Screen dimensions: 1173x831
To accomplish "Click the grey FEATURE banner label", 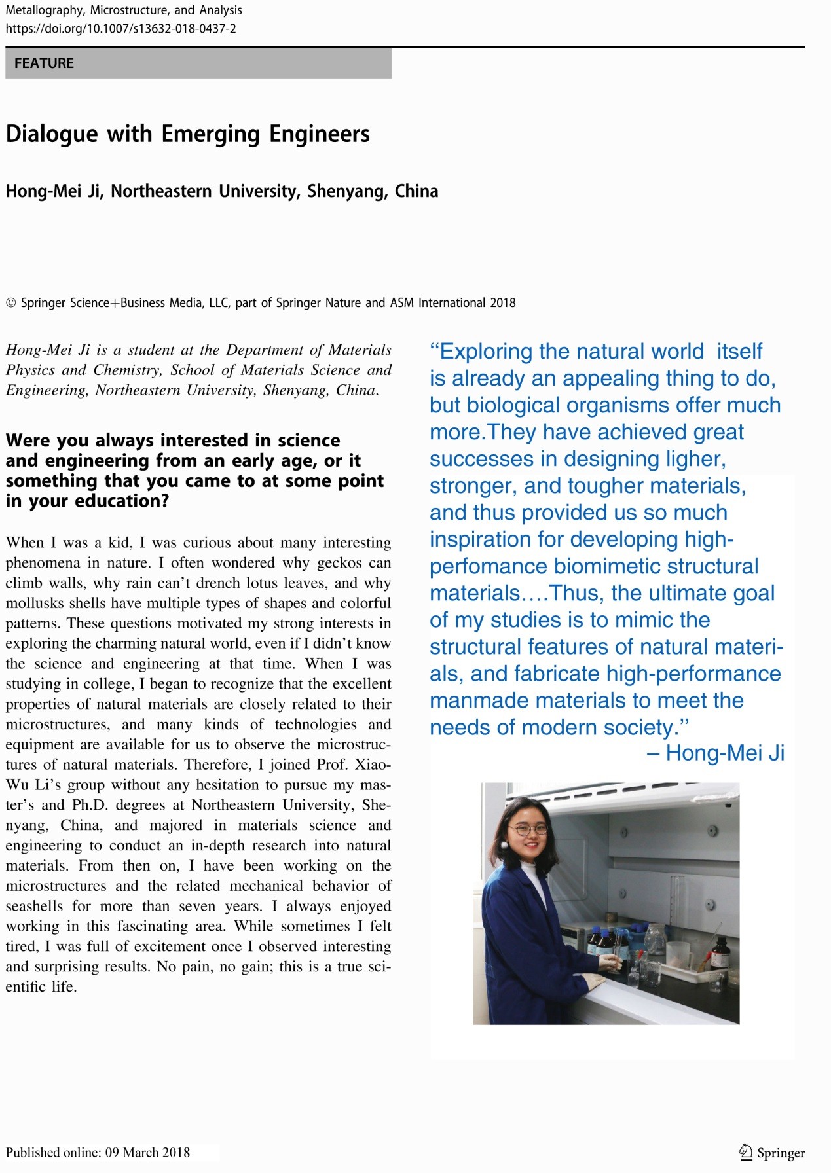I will point(44,63).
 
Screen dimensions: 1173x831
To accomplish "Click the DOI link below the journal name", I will point(120,29).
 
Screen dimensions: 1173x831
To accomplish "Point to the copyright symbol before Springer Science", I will point(10,303).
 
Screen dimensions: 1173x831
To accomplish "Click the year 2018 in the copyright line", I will point(502,303).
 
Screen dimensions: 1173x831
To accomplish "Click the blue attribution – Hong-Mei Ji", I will point(715,753).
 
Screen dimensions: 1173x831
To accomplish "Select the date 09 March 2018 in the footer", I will point(147,1152).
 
